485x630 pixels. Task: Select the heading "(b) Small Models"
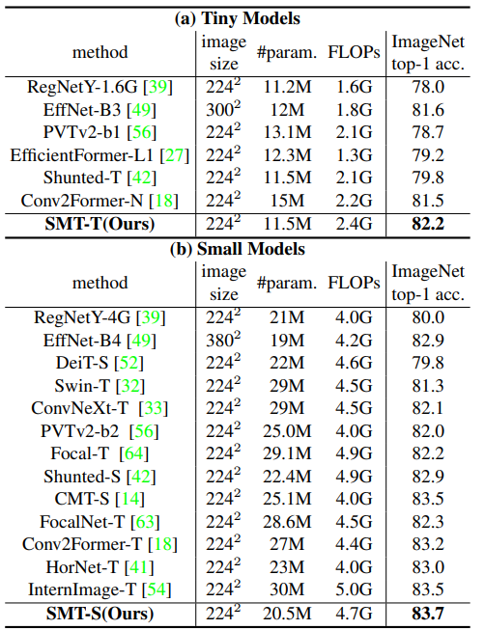pos(242,249)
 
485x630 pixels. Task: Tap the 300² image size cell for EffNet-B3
pos(223,109)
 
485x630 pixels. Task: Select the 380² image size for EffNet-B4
pos(223,339)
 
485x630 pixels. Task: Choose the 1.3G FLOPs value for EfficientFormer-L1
pos(348,153)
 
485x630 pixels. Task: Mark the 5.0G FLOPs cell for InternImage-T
pos(348,588)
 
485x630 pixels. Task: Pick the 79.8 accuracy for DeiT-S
pos(429,361)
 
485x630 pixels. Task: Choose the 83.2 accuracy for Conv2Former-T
pos(429,544)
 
